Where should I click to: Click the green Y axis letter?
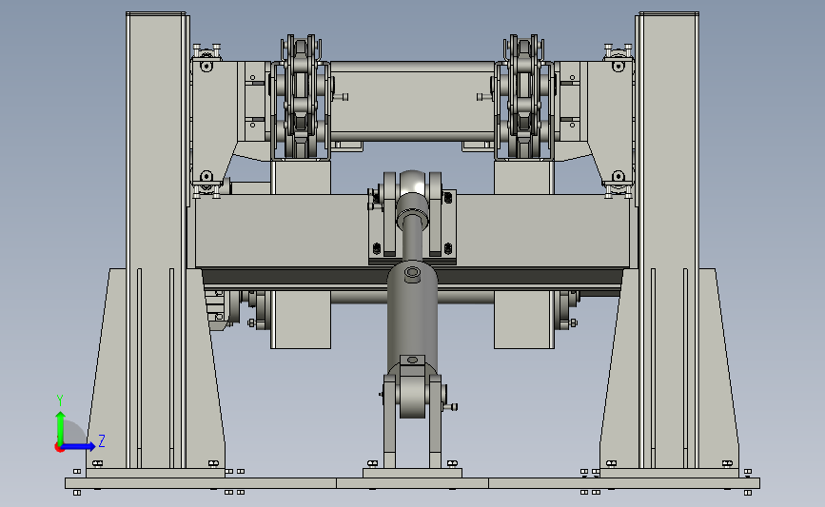click(60, 400)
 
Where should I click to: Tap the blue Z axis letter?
click(102, 440)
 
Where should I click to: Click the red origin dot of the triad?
click(59, 448)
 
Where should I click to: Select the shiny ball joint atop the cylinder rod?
click(413, 183)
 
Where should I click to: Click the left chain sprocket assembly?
click(301, 97)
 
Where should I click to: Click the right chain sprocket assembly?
click(524, 97)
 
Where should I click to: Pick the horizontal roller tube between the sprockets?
click(413, 101)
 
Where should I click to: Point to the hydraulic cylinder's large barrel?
click(413, 316)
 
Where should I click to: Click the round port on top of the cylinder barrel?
click(413, 273)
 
